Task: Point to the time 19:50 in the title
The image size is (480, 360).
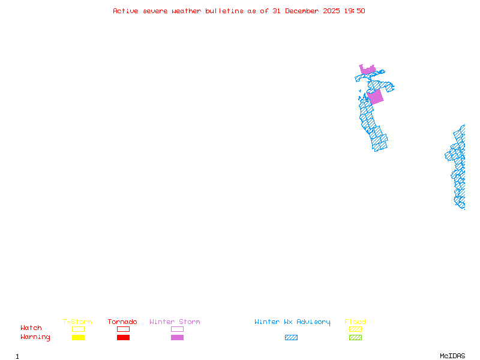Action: [x=355, y=11]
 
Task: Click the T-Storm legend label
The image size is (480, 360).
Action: [x=77, y=322]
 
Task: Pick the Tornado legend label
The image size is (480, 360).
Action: [x=122, y=322]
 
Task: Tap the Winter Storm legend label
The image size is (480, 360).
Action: [x=175, y=322]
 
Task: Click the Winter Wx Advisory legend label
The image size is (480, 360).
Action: [x=292, y=322]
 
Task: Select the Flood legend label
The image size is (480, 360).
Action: [x=355, y=322]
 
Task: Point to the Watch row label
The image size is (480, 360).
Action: [x=31, y=328]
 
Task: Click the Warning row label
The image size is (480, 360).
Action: [x=35, y=337]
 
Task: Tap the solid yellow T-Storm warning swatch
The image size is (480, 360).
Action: [x=78, y=338]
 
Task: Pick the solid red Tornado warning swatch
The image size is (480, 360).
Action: [x=123, y=338]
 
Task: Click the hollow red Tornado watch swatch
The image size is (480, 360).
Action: [x=123, y=329]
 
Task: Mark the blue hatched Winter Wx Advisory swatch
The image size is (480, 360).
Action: [x=291, y=338]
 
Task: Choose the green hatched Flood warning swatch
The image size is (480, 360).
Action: [x=355, y=338]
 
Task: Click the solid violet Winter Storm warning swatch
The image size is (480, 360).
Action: [x=177, y=338]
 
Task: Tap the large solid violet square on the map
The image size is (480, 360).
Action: [x=375, y=97]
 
